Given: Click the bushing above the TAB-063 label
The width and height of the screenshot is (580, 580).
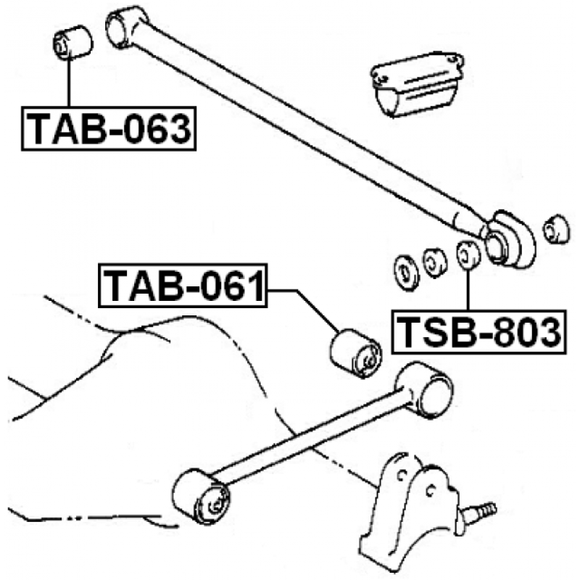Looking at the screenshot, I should click(x=72, y=41).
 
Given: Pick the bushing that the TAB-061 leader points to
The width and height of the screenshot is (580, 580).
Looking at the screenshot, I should click(x=355, y=352).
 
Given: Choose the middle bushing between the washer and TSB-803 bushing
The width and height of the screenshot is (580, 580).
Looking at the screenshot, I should click(x=434, y=261).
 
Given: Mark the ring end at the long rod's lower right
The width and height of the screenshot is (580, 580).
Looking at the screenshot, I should click(x=509, y=239).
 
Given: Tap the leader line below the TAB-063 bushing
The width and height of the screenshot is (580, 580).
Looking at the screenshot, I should click(x=69, y=83).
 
